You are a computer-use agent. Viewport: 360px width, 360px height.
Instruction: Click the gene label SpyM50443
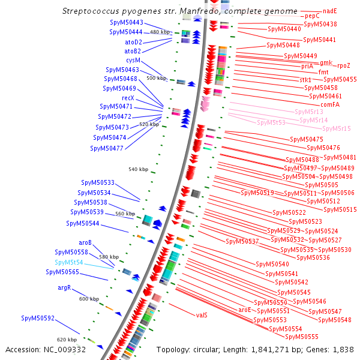point(126,22)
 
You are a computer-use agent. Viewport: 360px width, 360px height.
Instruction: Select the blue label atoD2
point(133,42)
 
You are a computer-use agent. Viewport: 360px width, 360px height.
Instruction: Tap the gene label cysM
point(133,60)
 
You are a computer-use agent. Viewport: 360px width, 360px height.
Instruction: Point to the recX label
point(128,97)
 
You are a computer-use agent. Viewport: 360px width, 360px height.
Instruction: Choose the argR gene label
point(64,288)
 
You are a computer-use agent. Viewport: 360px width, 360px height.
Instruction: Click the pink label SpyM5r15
point(336,128)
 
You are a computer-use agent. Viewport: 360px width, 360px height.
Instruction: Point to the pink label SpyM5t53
point(271,122)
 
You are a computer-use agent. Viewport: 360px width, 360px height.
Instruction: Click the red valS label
point(202,314)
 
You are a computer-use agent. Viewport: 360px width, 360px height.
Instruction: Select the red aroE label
point(245,310)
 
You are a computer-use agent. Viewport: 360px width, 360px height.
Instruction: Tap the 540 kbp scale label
point(138,169)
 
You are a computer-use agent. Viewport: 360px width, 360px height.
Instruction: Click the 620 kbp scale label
point(67,340)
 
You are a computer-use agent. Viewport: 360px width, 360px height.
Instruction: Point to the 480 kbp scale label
point(160,32)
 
